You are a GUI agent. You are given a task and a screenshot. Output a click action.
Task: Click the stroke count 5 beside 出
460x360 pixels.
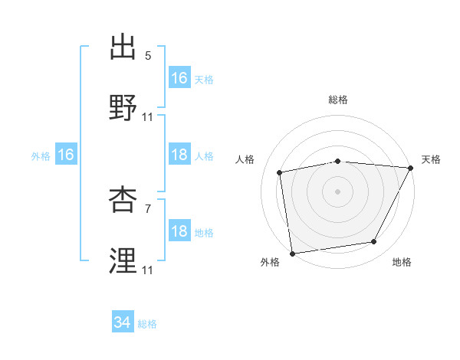tap(148, 56)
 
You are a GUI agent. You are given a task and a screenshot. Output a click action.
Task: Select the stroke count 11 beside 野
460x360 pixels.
tap(148, 116)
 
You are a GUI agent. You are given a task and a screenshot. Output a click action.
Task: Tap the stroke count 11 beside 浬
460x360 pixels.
tap(148, 270)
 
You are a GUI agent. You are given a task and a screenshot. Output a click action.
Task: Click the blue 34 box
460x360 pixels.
tap(123, 322)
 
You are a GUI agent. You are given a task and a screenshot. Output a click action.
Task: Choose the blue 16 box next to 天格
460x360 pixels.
tap(179, 77)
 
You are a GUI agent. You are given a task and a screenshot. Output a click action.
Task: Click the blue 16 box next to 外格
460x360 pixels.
tap(66, 155)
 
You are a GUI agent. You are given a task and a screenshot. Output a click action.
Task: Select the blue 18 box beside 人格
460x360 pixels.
tap(179, 155)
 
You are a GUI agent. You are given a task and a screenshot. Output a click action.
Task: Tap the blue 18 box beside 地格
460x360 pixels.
tap(179, 231)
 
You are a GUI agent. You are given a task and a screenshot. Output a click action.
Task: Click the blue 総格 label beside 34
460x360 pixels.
tap(147, 324)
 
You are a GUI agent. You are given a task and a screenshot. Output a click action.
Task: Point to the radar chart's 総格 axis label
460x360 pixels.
tap(338, 100)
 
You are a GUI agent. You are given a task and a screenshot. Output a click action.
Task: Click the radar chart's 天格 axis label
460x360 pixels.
tap(431, 159)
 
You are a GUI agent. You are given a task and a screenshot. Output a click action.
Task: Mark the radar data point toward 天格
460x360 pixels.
tap(410, 168)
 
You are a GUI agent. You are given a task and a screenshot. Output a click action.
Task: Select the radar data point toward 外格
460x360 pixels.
tap(292, 252)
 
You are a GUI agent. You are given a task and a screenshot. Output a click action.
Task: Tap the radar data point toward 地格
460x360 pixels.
tap(374, 242)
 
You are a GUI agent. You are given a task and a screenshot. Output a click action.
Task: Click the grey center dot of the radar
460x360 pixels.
tap(338, 191)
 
